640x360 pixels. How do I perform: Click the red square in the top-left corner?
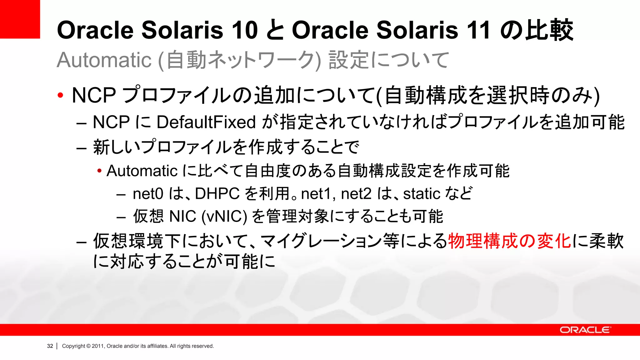pyautogui.click(x=20, y=19)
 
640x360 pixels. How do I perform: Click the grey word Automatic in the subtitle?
pyautogui.click(x=104, y=60)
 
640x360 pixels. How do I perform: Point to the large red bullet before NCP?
pyautogui.click(x=60, y=95)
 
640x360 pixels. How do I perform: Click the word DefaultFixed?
pyautogui.click(x=206, y=122)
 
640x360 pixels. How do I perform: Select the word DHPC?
pyautogui.click(x=217, y=194)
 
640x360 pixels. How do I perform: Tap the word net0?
pyautogui.click(x=148, y=194)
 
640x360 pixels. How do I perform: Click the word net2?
pyautogui.click(x=356, y=194)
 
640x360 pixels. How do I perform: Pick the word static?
pyautogui.click(x=422, y=194)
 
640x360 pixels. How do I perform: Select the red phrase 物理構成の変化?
pyautogui.click(x=509, y=241)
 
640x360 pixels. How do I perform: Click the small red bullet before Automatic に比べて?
pyautogui.click(x=99, y=171)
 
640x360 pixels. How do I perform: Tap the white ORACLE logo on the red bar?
pyautogui.click(x=585, y=330)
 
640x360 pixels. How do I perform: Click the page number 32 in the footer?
pyautogui.click(x=50, y=346)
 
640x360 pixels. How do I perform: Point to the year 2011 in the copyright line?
pyautogui.click(x=98, y=346)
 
